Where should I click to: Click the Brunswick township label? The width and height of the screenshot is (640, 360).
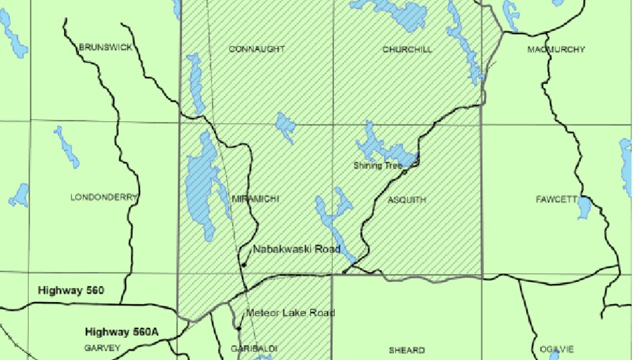[x=105, y=47]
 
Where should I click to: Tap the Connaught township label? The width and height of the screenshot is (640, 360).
[x=257, y=49]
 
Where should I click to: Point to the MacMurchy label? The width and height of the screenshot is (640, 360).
[x=556, y=49]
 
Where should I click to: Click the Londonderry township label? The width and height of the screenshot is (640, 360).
[x=103, y=197]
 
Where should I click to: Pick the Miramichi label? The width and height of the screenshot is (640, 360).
[x=255, y=199]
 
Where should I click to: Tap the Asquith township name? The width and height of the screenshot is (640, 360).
[x=406, y=199]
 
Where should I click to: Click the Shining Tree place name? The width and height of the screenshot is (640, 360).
[x=377, y=165]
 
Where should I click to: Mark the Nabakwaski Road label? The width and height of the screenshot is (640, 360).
[x=297, y=249]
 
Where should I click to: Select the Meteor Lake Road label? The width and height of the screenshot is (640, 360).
[x=291, y=313]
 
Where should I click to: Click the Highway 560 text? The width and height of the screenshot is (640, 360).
[x=72, y=290]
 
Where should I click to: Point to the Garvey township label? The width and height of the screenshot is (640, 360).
[x=102, y=348]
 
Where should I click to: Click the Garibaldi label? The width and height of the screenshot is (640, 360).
[x=253, y=349]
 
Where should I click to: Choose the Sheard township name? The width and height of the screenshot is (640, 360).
[x=407, y=350]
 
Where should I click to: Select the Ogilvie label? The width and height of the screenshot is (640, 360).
[x=557, y=349]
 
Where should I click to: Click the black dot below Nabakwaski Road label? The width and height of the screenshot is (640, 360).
[x=244, y=265]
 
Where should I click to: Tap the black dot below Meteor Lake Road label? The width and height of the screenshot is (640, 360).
[x=239, y=328]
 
